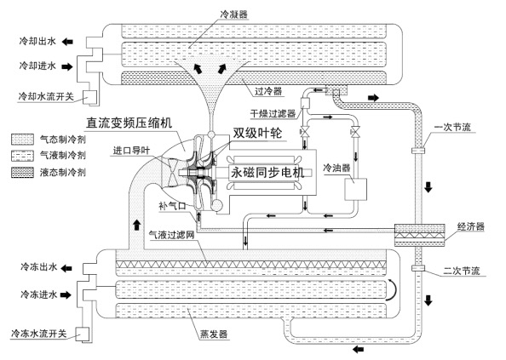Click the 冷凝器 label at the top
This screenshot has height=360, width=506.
234,14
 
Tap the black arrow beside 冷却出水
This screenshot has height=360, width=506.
67,42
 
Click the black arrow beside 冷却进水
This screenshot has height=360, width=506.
67,66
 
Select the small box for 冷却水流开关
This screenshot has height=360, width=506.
90,97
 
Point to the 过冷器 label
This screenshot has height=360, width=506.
268,91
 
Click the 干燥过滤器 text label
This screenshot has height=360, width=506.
273,113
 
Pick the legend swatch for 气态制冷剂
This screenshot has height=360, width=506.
23,140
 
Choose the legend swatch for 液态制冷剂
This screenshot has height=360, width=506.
23,173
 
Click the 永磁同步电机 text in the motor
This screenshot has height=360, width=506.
267,173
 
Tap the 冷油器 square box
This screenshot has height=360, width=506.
355,189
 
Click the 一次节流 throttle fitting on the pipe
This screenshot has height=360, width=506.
418,151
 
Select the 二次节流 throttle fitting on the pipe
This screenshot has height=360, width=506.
418,268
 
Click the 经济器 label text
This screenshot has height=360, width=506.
471,226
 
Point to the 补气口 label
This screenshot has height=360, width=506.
173,206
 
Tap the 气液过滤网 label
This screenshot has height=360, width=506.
172,235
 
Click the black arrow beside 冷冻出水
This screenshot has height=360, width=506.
66,268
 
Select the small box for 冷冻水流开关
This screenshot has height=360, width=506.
83,334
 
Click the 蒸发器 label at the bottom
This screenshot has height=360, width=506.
214,334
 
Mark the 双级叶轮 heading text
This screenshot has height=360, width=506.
257,133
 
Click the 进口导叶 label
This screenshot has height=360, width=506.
131,151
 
